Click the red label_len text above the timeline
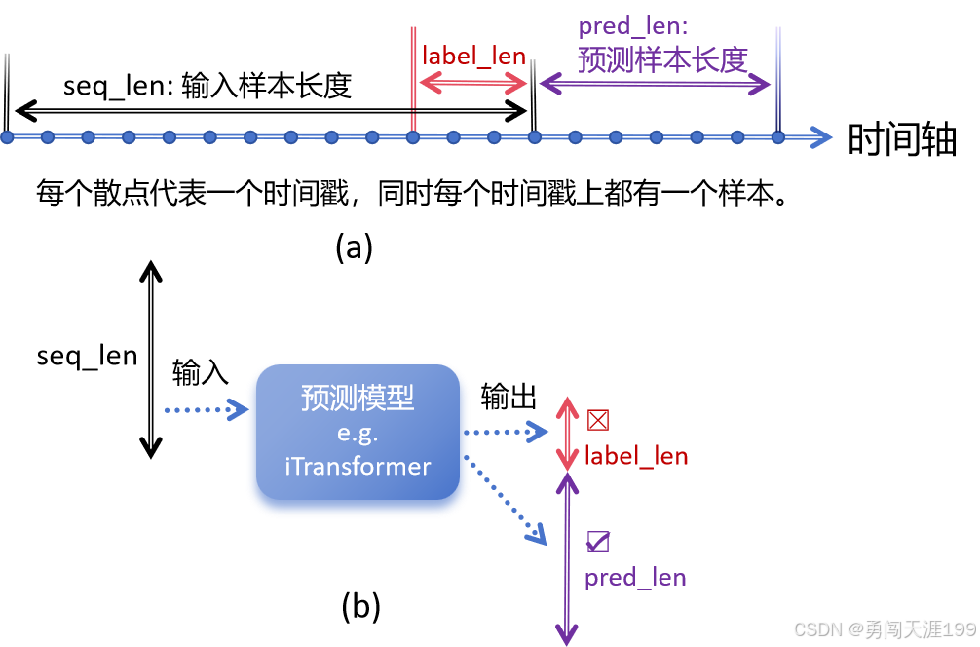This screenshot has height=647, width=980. point(473,56)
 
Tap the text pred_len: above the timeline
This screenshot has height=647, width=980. point(632,26)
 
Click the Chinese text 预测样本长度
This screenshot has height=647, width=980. point(662,59)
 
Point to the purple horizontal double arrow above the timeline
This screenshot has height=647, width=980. point(656,85)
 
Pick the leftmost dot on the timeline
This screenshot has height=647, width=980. point(7,137)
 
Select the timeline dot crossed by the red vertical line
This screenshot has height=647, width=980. point(413,137)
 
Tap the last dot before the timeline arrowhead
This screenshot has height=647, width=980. point(777,137)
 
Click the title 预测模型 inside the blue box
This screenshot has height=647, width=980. point(358,399)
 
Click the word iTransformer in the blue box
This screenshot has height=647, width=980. point(358,466)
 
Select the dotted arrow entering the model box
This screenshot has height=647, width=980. point(205,409)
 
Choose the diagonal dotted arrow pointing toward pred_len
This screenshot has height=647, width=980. point(509,503)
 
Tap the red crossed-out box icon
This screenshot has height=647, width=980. point(598,420)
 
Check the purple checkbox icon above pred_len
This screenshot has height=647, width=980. point(598,542)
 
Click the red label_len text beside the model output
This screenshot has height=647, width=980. point(635,456)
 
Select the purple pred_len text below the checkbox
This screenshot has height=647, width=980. point(635,578)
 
